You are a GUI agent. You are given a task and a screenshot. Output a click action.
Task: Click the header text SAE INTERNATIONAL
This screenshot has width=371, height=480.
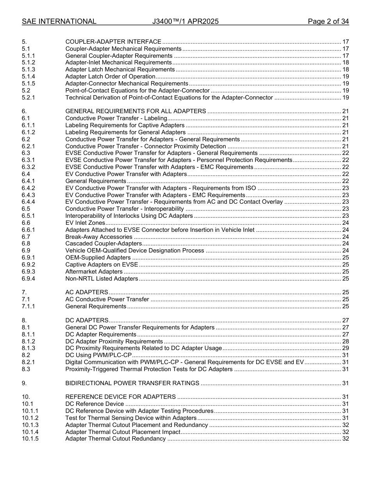point(59,21)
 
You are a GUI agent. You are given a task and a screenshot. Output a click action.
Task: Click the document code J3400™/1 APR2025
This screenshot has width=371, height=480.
point(185,21)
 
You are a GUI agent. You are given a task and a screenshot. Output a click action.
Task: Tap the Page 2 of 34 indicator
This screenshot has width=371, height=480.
point(328,21)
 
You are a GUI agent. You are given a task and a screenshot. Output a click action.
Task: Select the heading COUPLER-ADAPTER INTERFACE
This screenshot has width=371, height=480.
point(113,42)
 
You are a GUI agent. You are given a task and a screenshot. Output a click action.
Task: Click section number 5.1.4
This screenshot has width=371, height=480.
point(29,76)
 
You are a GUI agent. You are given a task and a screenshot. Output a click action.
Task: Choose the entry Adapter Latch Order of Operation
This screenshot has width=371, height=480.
point(110,76)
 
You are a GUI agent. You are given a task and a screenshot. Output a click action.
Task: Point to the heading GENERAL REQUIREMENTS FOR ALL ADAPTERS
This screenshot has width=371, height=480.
point(136,111)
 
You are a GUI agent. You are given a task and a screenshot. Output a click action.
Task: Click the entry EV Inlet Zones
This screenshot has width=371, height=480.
point(85,223)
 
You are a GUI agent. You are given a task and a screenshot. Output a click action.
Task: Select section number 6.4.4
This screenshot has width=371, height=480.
point(29,202)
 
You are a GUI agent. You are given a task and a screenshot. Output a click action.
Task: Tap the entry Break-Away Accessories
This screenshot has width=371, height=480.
point(99,237)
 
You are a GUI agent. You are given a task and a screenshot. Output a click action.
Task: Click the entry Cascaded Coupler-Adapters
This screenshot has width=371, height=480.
point(103,244)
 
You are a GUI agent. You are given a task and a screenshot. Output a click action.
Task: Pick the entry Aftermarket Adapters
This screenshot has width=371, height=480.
point(94,272)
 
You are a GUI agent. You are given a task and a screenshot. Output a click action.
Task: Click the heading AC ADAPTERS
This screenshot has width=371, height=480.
point(87,292)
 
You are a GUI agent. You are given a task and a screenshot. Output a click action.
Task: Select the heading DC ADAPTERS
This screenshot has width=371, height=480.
point(87,320)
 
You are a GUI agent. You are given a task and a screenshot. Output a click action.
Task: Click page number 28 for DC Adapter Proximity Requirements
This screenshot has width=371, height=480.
point(345,341)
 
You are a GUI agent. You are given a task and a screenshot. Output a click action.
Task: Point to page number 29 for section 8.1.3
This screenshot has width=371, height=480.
point(345,348)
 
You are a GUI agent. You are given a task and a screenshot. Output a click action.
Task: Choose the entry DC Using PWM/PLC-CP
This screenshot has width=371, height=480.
point(98,355)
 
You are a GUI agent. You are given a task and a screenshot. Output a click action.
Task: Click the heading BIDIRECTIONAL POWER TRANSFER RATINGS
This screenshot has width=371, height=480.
point(132,383)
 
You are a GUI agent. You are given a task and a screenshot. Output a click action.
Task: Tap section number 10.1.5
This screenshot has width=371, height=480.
point(30,439)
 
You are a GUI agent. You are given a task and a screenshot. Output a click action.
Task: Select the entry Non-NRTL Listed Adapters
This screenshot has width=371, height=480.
point(102,279)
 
